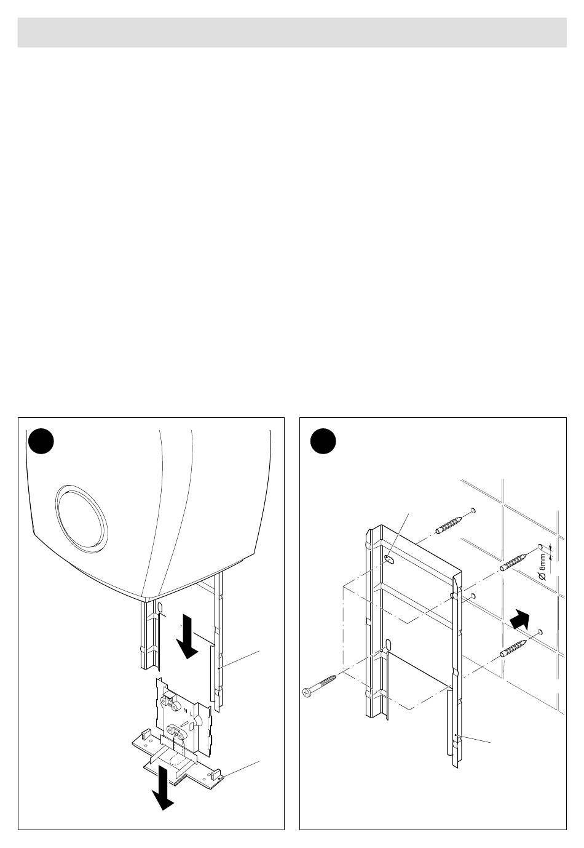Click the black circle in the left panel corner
tap(41, 441)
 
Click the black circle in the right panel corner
tap(323, 441)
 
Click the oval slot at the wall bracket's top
tap(389, 559)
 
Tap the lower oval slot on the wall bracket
tap(388, 644)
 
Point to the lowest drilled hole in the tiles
tap(540, 632)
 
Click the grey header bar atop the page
tap(292, 32)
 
